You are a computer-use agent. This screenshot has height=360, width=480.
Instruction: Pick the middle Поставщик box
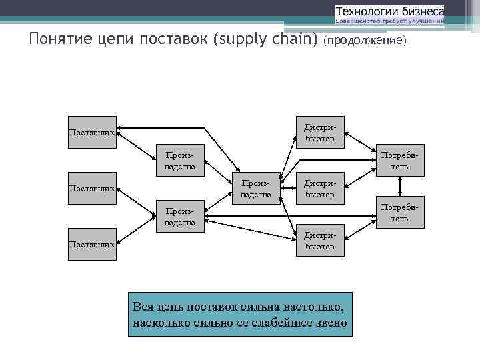pos(93,189)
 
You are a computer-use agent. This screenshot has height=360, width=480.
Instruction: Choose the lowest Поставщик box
pos(93,245)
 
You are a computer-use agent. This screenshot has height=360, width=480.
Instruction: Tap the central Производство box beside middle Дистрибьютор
pos(256,189)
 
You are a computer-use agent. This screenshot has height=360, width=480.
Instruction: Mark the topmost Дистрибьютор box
pos(319,132)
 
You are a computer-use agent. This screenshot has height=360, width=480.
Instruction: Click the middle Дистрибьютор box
pos(319,189)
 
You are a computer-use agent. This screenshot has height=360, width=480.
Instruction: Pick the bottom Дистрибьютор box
pos(319,241)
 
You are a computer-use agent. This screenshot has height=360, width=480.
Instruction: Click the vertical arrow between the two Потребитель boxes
pos(399,187)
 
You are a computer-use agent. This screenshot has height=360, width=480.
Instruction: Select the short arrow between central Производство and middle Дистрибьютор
pos(288,189)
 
